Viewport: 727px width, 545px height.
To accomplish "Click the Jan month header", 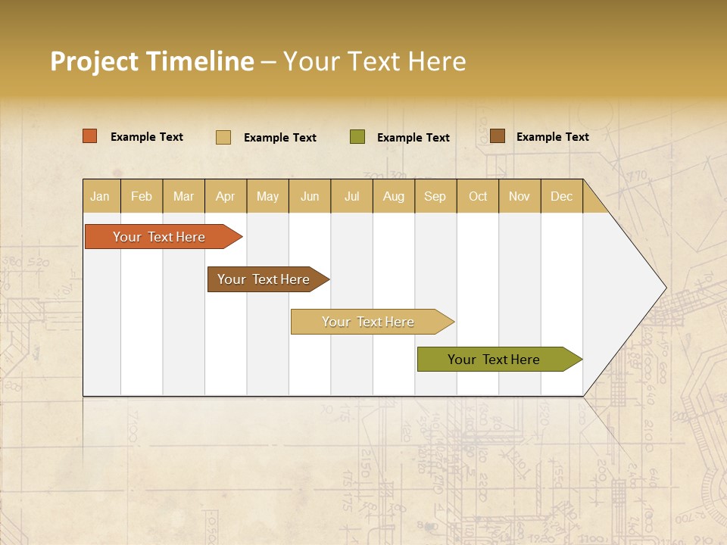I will tap(100, 196).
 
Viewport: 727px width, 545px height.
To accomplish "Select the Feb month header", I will tap(142, 196).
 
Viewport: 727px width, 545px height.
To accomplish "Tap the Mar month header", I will tap(183, 196).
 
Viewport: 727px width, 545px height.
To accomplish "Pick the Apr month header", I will tap(225, 196).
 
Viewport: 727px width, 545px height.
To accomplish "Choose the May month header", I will tap(267, 196).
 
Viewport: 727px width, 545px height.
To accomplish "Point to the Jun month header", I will tap(310, 196).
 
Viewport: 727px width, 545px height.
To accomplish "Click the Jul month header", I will tap(351, 196).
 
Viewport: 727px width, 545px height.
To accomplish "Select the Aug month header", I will tap(394, 196).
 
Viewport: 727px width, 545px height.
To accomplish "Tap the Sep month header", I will tap(435, 196).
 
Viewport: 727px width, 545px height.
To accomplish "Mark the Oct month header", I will tap(478, 196).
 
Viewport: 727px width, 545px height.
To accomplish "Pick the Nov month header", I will tap(520, 196).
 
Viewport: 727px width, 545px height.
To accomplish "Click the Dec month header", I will tap(562, 196).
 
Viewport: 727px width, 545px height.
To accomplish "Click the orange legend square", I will tap(90, 136).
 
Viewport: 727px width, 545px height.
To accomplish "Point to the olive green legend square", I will tap(357, 136).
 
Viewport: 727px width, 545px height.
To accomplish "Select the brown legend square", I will tap(497, 136).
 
